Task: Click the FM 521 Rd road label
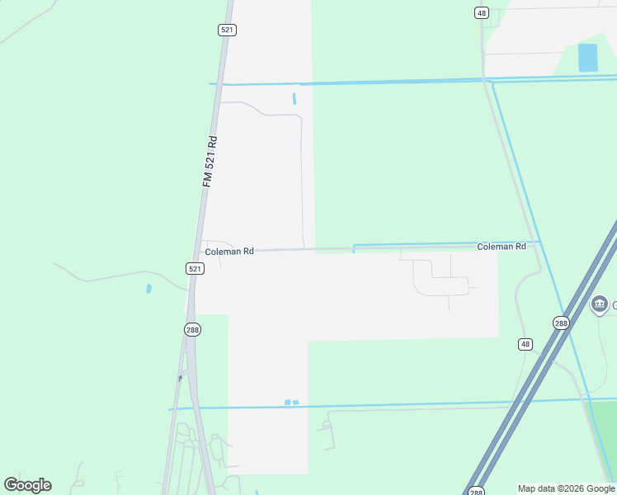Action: pyautogui.click(x=210, y=161)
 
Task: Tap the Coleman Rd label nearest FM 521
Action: pyautogui.click(x=228, y=252)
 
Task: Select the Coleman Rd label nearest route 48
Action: pyautogui.click(x=501, y=247)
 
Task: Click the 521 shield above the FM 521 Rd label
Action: pyautogui.click(x=228, y=30)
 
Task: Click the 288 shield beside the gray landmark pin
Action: pyautogui.click(x=561, y=323)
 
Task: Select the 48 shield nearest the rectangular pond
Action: pyautogui.click(x=482, y=12)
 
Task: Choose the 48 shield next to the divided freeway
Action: pyautogui.click(x=525, y=343)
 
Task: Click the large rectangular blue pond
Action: pyautogui.click(x=587, y=58)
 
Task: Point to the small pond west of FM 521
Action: pyautogui.click(x=148, y=289)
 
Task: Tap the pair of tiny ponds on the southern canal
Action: pyautogui.click(x=291, y=403)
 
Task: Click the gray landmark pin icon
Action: pyautogui.click(x=600, y=304)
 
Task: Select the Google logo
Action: pyautogui.click(x=27, y=485)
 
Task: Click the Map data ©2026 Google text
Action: pyautogui.click(x=565, y=488)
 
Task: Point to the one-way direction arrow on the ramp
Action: pyautogui.click(x=181, y=379)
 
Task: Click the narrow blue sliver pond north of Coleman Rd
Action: pyautogui.click(x=294, y=99)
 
